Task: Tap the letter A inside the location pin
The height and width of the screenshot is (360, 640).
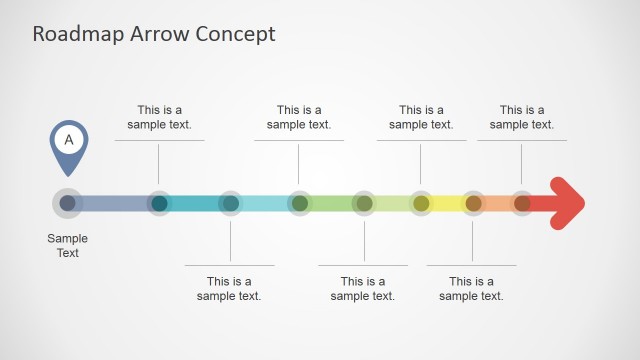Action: pyautogui.click(x=68, y=140)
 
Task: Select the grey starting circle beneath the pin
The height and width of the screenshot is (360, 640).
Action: pyautogui.click(x=67, y=203)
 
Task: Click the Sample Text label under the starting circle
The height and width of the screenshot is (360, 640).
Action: pyautogui.click(x=67, y=246)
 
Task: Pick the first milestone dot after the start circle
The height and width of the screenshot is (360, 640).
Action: pyautogui.click(x=159, y=203)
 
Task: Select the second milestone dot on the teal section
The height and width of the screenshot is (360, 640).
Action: pyautogui.click(x=230, y=203)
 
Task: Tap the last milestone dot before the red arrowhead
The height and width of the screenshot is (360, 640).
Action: pyautogui.click(x=522, y=203)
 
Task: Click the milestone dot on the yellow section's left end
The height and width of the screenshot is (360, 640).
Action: pyautogui.click(x=421, y=203)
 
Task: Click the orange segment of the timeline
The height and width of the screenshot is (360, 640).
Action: pyautogui.click(x=497, y=203)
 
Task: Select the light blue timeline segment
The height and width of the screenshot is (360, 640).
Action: pyautogui.click(x=265, y=203)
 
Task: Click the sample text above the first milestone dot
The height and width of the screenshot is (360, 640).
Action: pyautogui.click(x=159, y=117)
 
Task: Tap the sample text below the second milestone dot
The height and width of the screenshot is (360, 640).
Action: pyautogui.click(x=229, y=288)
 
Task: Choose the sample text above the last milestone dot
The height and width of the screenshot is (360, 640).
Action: pyautogui.click(x=521, y=117)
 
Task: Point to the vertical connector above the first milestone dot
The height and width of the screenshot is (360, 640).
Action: pyautogui.click(x=159, y=163)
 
